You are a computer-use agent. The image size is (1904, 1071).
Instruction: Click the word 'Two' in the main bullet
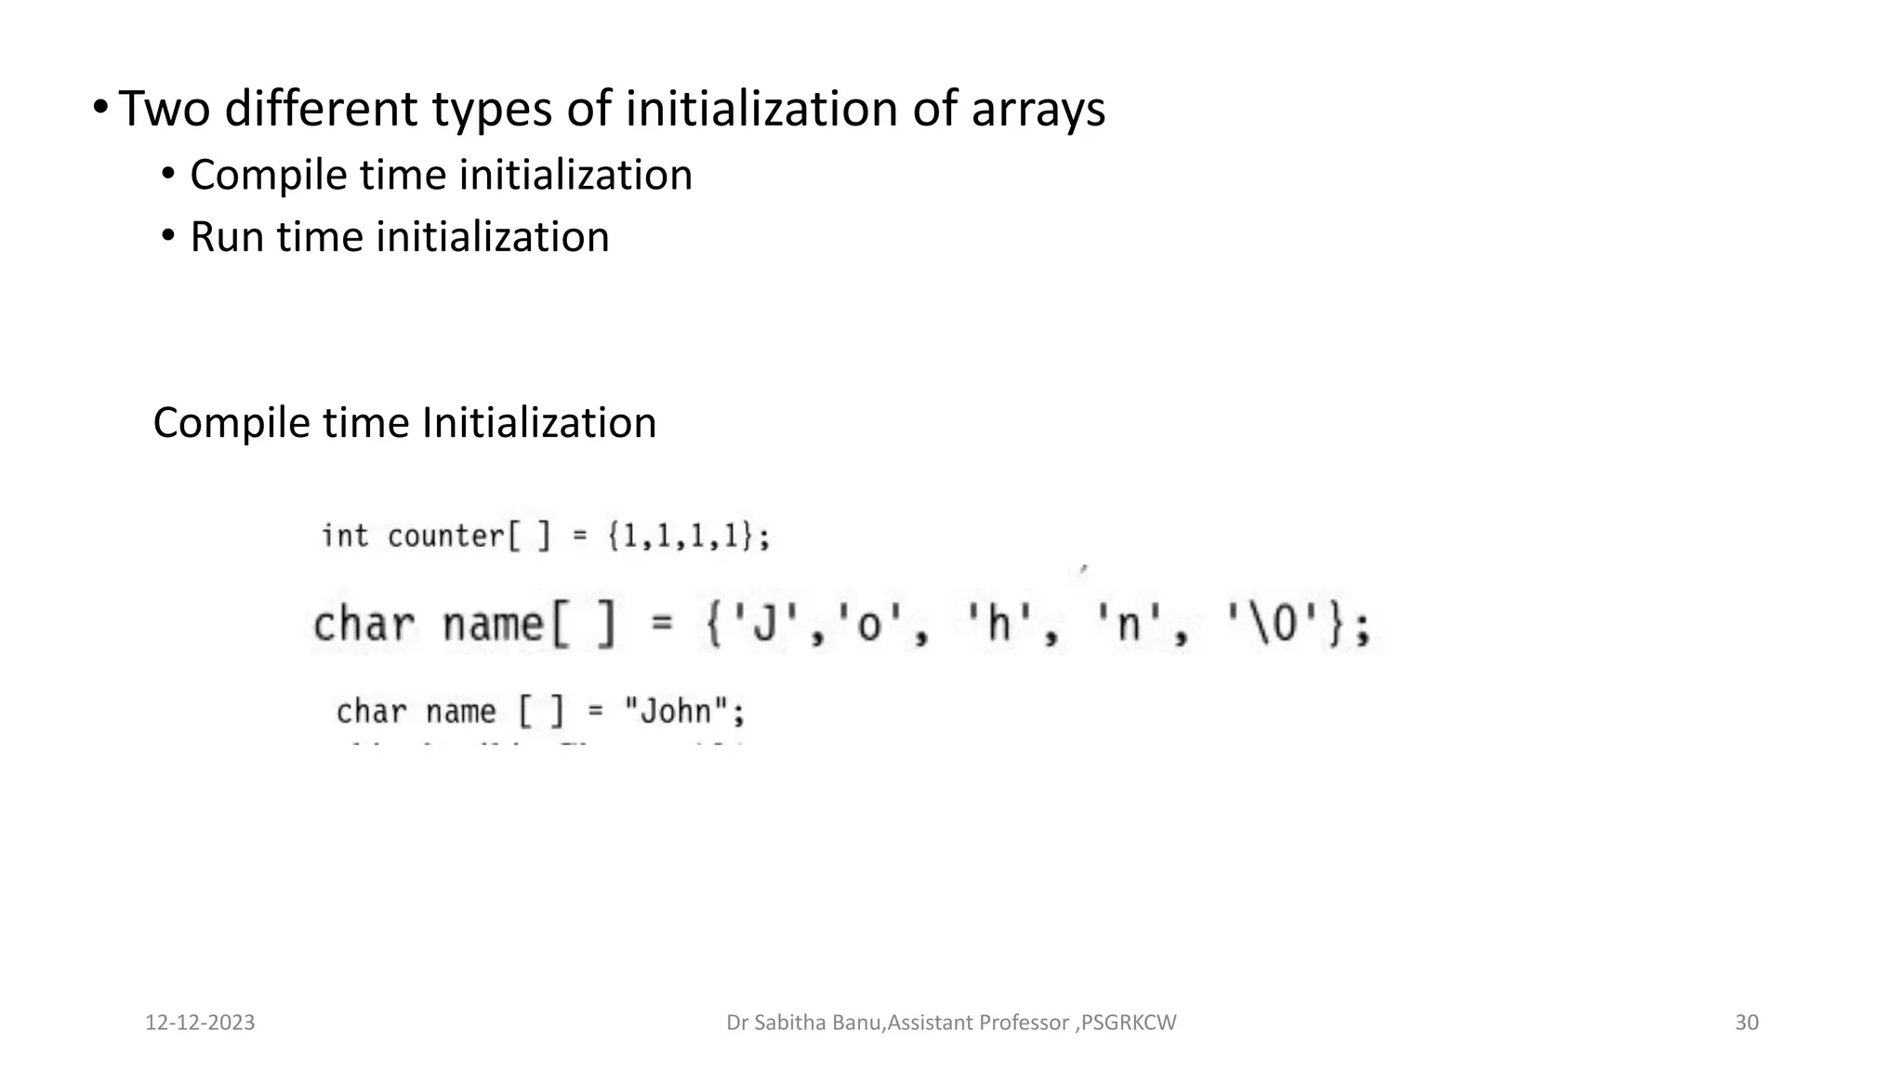(164, 109)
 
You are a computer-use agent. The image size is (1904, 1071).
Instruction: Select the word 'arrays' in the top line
(1038, 109)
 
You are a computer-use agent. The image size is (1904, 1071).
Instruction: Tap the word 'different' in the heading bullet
(320, 109)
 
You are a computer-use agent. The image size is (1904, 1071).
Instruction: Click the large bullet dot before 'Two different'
(99, 107)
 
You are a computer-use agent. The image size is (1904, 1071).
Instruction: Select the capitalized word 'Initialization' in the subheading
(539, 423)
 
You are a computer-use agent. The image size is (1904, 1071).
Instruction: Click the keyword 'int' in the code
(344, 536)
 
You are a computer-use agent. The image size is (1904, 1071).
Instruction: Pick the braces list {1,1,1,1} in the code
(687, 536)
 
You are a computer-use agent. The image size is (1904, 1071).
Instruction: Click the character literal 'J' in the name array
(763, 625)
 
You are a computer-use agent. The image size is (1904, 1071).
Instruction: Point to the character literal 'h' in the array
(999, 625)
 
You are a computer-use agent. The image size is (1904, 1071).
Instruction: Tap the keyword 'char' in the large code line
(363, 625)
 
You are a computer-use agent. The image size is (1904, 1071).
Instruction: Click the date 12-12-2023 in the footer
(200, 1023)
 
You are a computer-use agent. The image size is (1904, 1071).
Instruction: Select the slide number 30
(1747, 1023)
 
